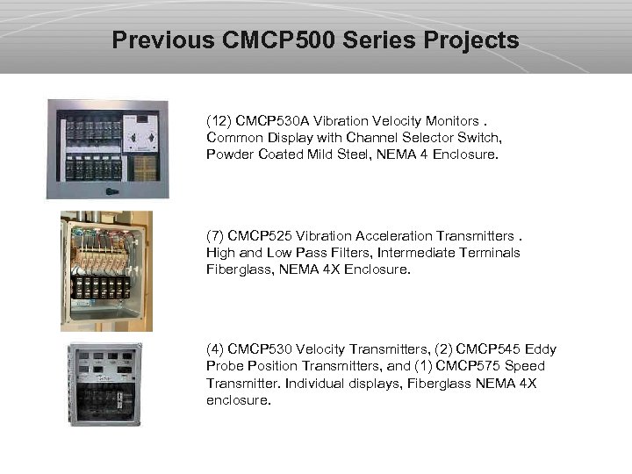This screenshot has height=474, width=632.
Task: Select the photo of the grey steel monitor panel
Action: point(107,148)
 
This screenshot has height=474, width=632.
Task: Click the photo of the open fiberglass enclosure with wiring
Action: point(106,271)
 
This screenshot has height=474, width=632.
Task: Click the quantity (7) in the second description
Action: point(215,236)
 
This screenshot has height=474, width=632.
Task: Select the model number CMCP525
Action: point(262,236)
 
